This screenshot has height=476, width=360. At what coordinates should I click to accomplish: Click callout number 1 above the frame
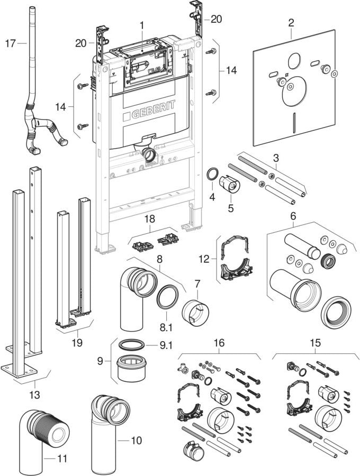coord(142,24)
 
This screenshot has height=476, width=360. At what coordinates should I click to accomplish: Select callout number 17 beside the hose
coord(11,43)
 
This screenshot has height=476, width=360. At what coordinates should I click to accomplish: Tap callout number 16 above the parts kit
coord(219,343)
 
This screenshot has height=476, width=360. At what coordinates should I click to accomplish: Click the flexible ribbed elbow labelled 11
coord(47,426)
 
